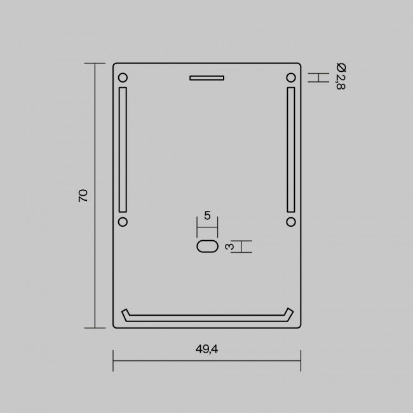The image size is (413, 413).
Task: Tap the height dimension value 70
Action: (x=83, y=196)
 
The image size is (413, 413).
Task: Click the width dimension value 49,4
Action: (x=207, y=349)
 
